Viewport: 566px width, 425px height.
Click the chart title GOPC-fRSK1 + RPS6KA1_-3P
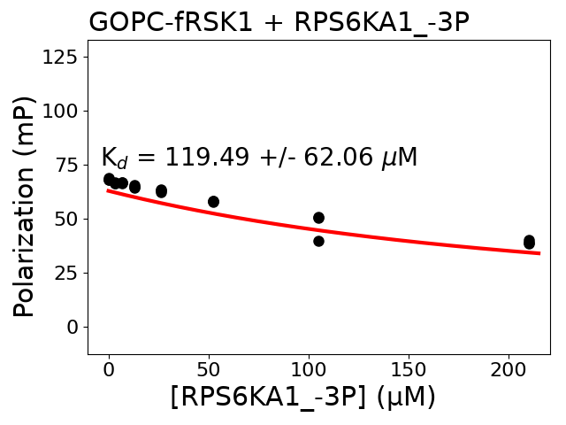[279, 22]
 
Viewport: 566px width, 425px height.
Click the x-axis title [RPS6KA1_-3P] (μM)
[303, 398]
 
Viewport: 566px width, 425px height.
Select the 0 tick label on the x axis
[109, 368]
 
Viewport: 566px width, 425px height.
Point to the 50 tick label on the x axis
[209, 368]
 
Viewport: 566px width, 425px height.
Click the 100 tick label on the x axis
[309, 368]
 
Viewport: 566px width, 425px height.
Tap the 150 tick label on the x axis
[409, 368]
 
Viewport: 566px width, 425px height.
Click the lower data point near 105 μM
[318, 241]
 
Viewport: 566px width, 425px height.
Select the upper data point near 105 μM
[318, 218]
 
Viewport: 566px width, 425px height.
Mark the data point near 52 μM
[213, 202]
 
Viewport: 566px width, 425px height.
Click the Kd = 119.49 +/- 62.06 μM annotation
[258, 158]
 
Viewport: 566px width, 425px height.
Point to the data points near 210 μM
[529, 242]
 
